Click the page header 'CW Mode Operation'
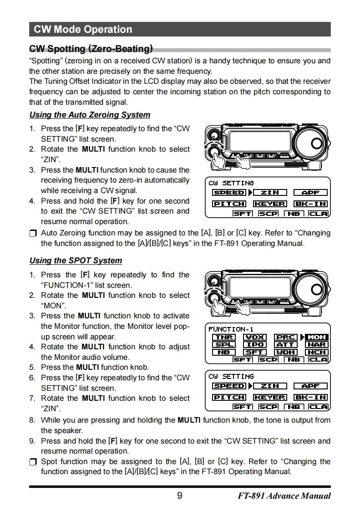coord(83,30)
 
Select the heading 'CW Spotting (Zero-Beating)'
coord(91,49)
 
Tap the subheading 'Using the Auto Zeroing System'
coord(90,115)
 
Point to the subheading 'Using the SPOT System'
coord(76,261)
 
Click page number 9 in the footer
coord(179,496)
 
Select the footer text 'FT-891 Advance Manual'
coord(284,496)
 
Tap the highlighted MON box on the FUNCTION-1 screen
coord(317,337)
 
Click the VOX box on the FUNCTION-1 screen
coord(255,337)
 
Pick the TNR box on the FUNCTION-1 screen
coord(224,337)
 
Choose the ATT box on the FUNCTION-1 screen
coord(286,345)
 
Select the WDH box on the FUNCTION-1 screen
coord(286,352)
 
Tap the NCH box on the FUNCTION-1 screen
coord(317,352)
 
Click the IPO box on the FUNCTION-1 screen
coord(255,345)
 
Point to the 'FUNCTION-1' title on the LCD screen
coord(231,329)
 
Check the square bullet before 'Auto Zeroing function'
coord(32,234)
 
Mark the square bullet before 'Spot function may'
coord(32,462)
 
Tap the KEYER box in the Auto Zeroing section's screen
coord(270,204)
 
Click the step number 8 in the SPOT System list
coord(32,420)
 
